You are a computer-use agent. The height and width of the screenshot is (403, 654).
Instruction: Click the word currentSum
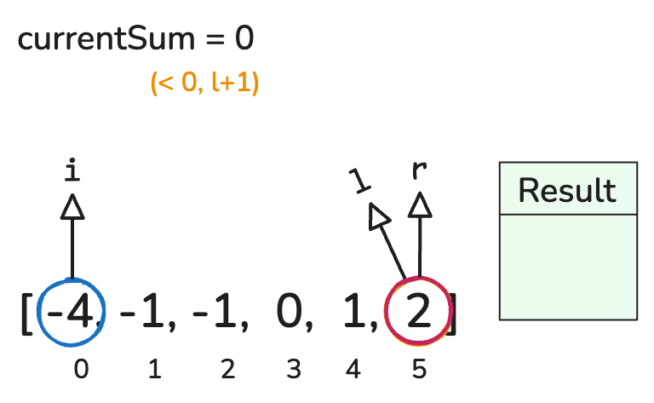point(106,39)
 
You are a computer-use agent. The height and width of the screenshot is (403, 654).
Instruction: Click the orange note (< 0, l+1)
point(204,82)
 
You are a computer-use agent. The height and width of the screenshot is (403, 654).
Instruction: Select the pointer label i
point(72,170)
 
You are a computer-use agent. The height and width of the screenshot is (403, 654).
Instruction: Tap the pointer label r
point(419,170)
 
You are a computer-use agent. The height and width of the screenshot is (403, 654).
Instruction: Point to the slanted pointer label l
point(359,181)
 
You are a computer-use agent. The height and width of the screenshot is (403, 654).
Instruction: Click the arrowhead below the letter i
point(72,206)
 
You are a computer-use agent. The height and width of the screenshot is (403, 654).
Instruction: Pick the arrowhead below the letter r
point(420,204)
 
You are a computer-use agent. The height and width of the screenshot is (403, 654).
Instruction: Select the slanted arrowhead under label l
point(378,216)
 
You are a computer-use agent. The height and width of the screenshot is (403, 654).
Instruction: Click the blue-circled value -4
point(70,312)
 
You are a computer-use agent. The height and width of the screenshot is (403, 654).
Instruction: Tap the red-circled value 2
point(418,311)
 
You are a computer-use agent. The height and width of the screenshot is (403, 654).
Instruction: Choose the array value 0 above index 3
point(289,311)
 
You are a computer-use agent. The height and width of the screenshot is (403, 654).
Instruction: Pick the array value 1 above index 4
point(355,311)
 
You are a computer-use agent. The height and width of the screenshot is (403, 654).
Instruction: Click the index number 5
point(419,370)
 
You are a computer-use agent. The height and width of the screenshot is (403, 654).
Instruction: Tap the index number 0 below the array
point(82,370)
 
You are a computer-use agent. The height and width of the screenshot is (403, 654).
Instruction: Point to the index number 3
point(294,370)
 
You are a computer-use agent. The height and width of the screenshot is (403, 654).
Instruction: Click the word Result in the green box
point(567,190)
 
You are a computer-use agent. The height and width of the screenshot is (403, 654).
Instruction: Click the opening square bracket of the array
point(26,314)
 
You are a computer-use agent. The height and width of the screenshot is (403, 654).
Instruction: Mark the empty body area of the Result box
point(569,268)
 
